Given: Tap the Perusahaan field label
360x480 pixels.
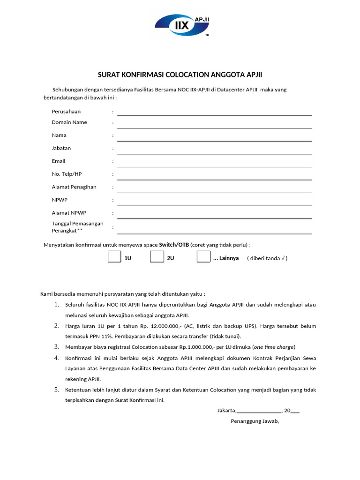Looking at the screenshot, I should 66,112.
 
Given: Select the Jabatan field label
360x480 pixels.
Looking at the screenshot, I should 61,148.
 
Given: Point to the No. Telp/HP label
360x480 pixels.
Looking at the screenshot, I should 67,174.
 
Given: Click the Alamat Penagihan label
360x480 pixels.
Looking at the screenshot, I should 74,187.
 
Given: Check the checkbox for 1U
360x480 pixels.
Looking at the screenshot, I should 114,257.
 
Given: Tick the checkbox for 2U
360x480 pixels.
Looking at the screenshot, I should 157,257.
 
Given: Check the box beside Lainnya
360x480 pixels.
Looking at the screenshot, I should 203,257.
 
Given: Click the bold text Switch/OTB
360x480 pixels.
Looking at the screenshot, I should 174,245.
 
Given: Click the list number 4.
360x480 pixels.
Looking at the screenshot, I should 56,358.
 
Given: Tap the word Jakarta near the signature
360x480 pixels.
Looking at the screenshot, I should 226,411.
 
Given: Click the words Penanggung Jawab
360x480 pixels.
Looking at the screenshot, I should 255,421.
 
